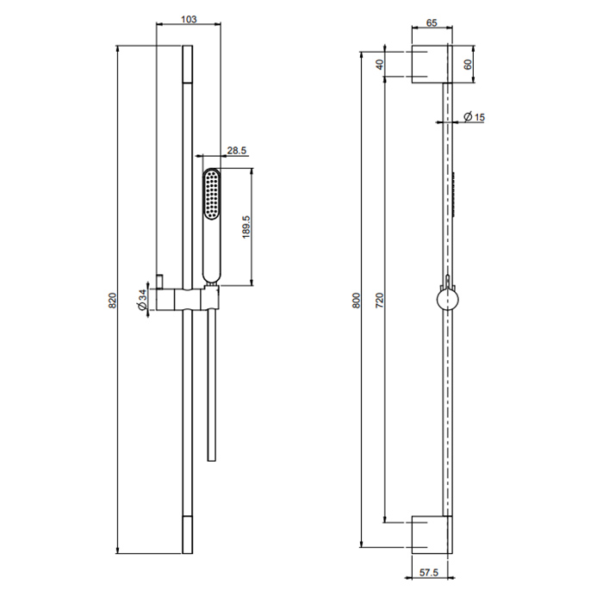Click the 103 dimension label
[189, 19]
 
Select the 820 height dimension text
[112, 301]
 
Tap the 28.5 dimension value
[237, 151]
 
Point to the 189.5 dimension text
[246, 227]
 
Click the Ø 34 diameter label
[142, 300]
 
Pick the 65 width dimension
[432, 23]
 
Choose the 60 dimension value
[468, 65]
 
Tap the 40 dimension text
[380, 65]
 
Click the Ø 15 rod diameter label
[474, 116]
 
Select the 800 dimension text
[357, 301]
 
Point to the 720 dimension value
[380, 301]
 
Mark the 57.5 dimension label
[429, 573]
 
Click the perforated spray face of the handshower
[211, 195]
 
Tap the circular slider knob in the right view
[448, 299]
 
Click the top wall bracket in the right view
[432, 64]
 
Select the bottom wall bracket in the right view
[432, 535]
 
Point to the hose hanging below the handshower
[212, 385]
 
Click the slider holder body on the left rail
[187, 299]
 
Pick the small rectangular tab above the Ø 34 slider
[160, 282]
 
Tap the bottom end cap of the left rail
[187, 535]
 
